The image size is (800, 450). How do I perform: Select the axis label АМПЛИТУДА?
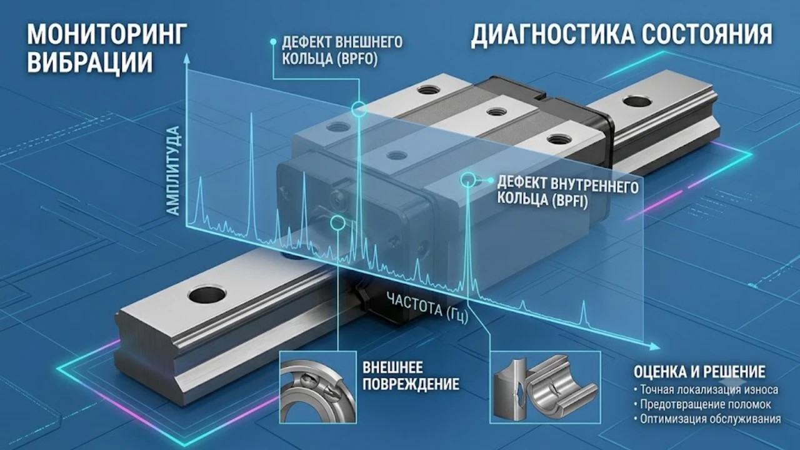[x=173, y=171]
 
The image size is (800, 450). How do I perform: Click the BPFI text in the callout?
[x=569, y=201]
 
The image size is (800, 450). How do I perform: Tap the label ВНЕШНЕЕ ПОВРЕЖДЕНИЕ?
[x=411, y=376]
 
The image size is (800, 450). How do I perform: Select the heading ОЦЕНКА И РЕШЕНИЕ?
[x=699, y=371]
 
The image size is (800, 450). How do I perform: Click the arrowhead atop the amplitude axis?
[x=186, y=58]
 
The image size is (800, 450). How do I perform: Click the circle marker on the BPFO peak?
[x=359, y=109]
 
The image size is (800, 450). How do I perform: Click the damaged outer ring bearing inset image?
[x=318, y=387]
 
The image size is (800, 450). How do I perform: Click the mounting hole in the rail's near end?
[x=207, y=295]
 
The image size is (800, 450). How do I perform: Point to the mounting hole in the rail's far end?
[x=637, y=101]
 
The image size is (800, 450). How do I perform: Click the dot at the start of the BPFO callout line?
[x=273, y=42]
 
